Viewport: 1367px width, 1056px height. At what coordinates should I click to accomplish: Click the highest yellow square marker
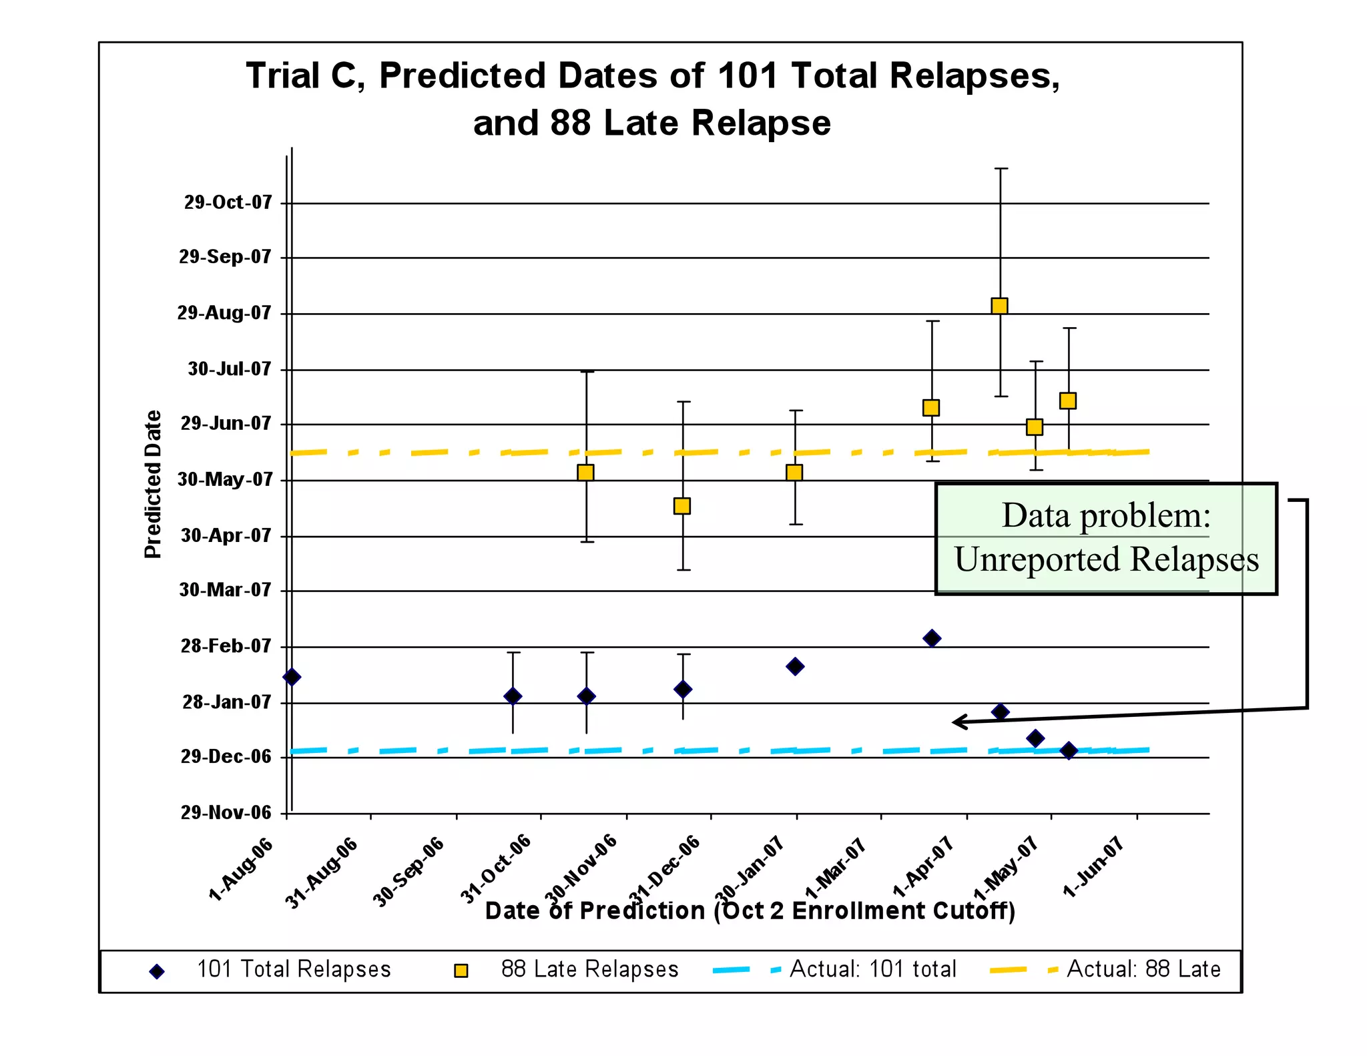[x=999, y=306]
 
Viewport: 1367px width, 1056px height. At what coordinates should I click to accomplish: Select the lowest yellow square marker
[x=681, y=506]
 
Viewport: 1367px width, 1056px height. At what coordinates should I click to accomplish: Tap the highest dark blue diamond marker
[x=932, y=638]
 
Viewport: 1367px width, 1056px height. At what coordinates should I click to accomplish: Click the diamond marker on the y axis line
[x=292, y=677]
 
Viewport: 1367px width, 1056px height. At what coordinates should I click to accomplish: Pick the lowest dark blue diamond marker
[x=1068, y=750]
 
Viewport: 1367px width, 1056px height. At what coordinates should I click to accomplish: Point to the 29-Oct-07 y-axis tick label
[x=228, y=202]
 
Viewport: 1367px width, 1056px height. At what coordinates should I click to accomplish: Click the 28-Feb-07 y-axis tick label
[x=226, y=646]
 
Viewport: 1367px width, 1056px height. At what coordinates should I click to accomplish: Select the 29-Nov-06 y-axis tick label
[x=226, y=812]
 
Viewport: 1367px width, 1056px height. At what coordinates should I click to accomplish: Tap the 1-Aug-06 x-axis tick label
[x=241, y=869]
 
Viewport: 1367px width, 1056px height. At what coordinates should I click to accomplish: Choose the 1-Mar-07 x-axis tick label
[x=836, y=869]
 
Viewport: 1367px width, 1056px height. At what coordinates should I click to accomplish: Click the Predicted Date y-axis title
[x=153, y=484]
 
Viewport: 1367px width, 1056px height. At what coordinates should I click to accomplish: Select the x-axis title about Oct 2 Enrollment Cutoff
[x=750, y=910]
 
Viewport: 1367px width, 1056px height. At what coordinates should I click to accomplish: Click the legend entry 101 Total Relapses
[x=294, y=969]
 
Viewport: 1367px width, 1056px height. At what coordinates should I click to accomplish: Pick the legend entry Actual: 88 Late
[x=1143, y=969]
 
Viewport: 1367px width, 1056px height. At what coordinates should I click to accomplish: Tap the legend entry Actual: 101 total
[x=872, y=969]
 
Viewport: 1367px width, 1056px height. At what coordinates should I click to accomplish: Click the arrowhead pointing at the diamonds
[x=957, y=722]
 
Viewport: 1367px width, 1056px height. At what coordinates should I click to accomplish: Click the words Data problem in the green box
[x=1105, y=515]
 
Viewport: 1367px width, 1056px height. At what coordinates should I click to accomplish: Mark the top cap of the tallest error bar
[x=1001, y=169]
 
